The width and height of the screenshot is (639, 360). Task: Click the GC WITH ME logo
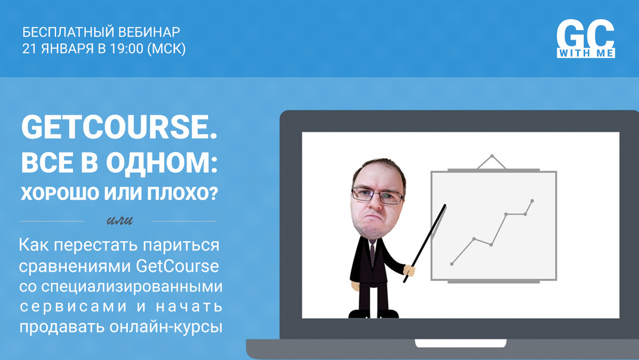(586, 39)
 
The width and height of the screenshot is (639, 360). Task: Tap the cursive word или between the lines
(119, 221)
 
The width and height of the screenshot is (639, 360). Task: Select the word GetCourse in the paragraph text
(177, 266)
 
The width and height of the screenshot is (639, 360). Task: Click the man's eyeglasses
(377, 195)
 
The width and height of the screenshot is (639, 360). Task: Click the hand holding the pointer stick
(409, 270)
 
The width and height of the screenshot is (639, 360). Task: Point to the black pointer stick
(425, 243)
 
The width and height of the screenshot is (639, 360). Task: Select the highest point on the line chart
(532, 201)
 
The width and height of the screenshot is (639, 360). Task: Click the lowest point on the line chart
(451, 264)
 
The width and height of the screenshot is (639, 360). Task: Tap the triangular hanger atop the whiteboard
(491, 162)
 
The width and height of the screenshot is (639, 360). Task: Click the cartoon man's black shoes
(373, 314)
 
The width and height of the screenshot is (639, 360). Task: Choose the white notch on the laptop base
(460, 343)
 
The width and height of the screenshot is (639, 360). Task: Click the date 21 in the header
(29, 49)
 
